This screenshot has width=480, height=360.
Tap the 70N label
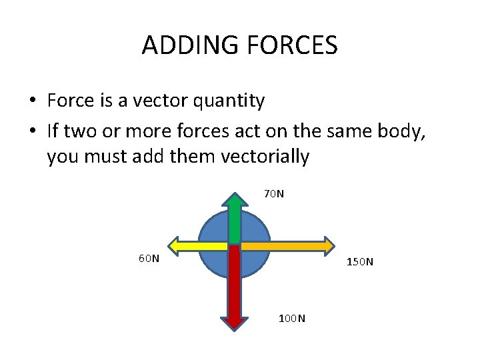coord(274,194)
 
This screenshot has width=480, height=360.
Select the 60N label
coord(149,258)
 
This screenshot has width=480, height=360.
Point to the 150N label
coord(360,261)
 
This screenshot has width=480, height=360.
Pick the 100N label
coord(292,318)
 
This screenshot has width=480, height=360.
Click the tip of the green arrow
coord(235,195)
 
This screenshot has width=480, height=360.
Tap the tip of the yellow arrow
coord(168,245)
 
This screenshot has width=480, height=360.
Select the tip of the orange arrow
coord(333,245)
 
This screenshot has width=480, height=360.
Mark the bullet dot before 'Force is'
coord(32,102)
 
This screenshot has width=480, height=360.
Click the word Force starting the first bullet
coord(70,101)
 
